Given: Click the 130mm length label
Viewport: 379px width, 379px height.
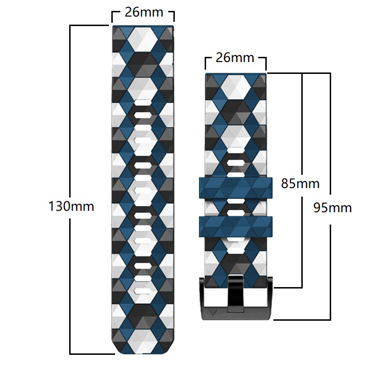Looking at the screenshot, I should point(71,207).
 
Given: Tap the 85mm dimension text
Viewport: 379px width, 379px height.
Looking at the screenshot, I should point(300,183).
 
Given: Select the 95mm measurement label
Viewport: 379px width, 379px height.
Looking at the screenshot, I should point(332,208).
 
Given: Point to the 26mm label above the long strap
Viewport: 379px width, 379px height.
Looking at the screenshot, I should point(143,12).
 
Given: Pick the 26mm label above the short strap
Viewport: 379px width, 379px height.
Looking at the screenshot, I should point(235,58).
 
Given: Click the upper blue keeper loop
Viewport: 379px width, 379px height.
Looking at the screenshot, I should point(235,189).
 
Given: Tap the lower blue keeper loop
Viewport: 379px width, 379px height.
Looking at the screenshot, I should point(235,227).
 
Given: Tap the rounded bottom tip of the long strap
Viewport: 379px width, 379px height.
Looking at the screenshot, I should point(143,352).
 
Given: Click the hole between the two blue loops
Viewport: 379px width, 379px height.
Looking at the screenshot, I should point(235,208).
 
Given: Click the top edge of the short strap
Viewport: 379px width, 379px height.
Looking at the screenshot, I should point(235,74).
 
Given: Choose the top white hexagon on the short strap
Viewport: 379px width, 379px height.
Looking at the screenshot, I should point(235,88).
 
